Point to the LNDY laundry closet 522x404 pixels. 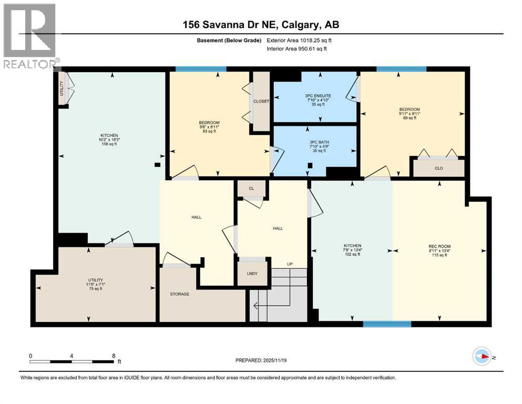(252, 274)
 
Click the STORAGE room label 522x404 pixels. (179, 294)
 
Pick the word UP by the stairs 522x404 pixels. (290, 264)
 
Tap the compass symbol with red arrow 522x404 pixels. (482, 356)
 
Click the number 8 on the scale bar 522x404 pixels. (114, 356)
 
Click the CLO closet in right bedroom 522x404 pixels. (439, 168)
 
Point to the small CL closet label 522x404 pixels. (251, 188)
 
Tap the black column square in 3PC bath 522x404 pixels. (310, 165)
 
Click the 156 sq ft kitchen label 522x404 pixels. (109, 140)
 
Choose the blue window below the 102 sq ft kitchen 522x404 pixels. (387, 324)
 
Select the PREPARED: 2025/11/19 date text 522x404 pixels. (261, 360)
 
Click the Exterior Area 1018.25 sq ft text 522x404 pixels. (299, 41)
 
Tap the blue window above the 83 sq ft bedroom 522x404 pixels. (201, 69)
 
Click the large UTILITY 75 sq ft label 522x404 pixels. (96, 285)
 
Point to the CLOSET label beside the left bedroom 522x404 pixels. (261, 101)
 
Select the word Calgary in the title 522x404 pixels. (299, 25)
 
